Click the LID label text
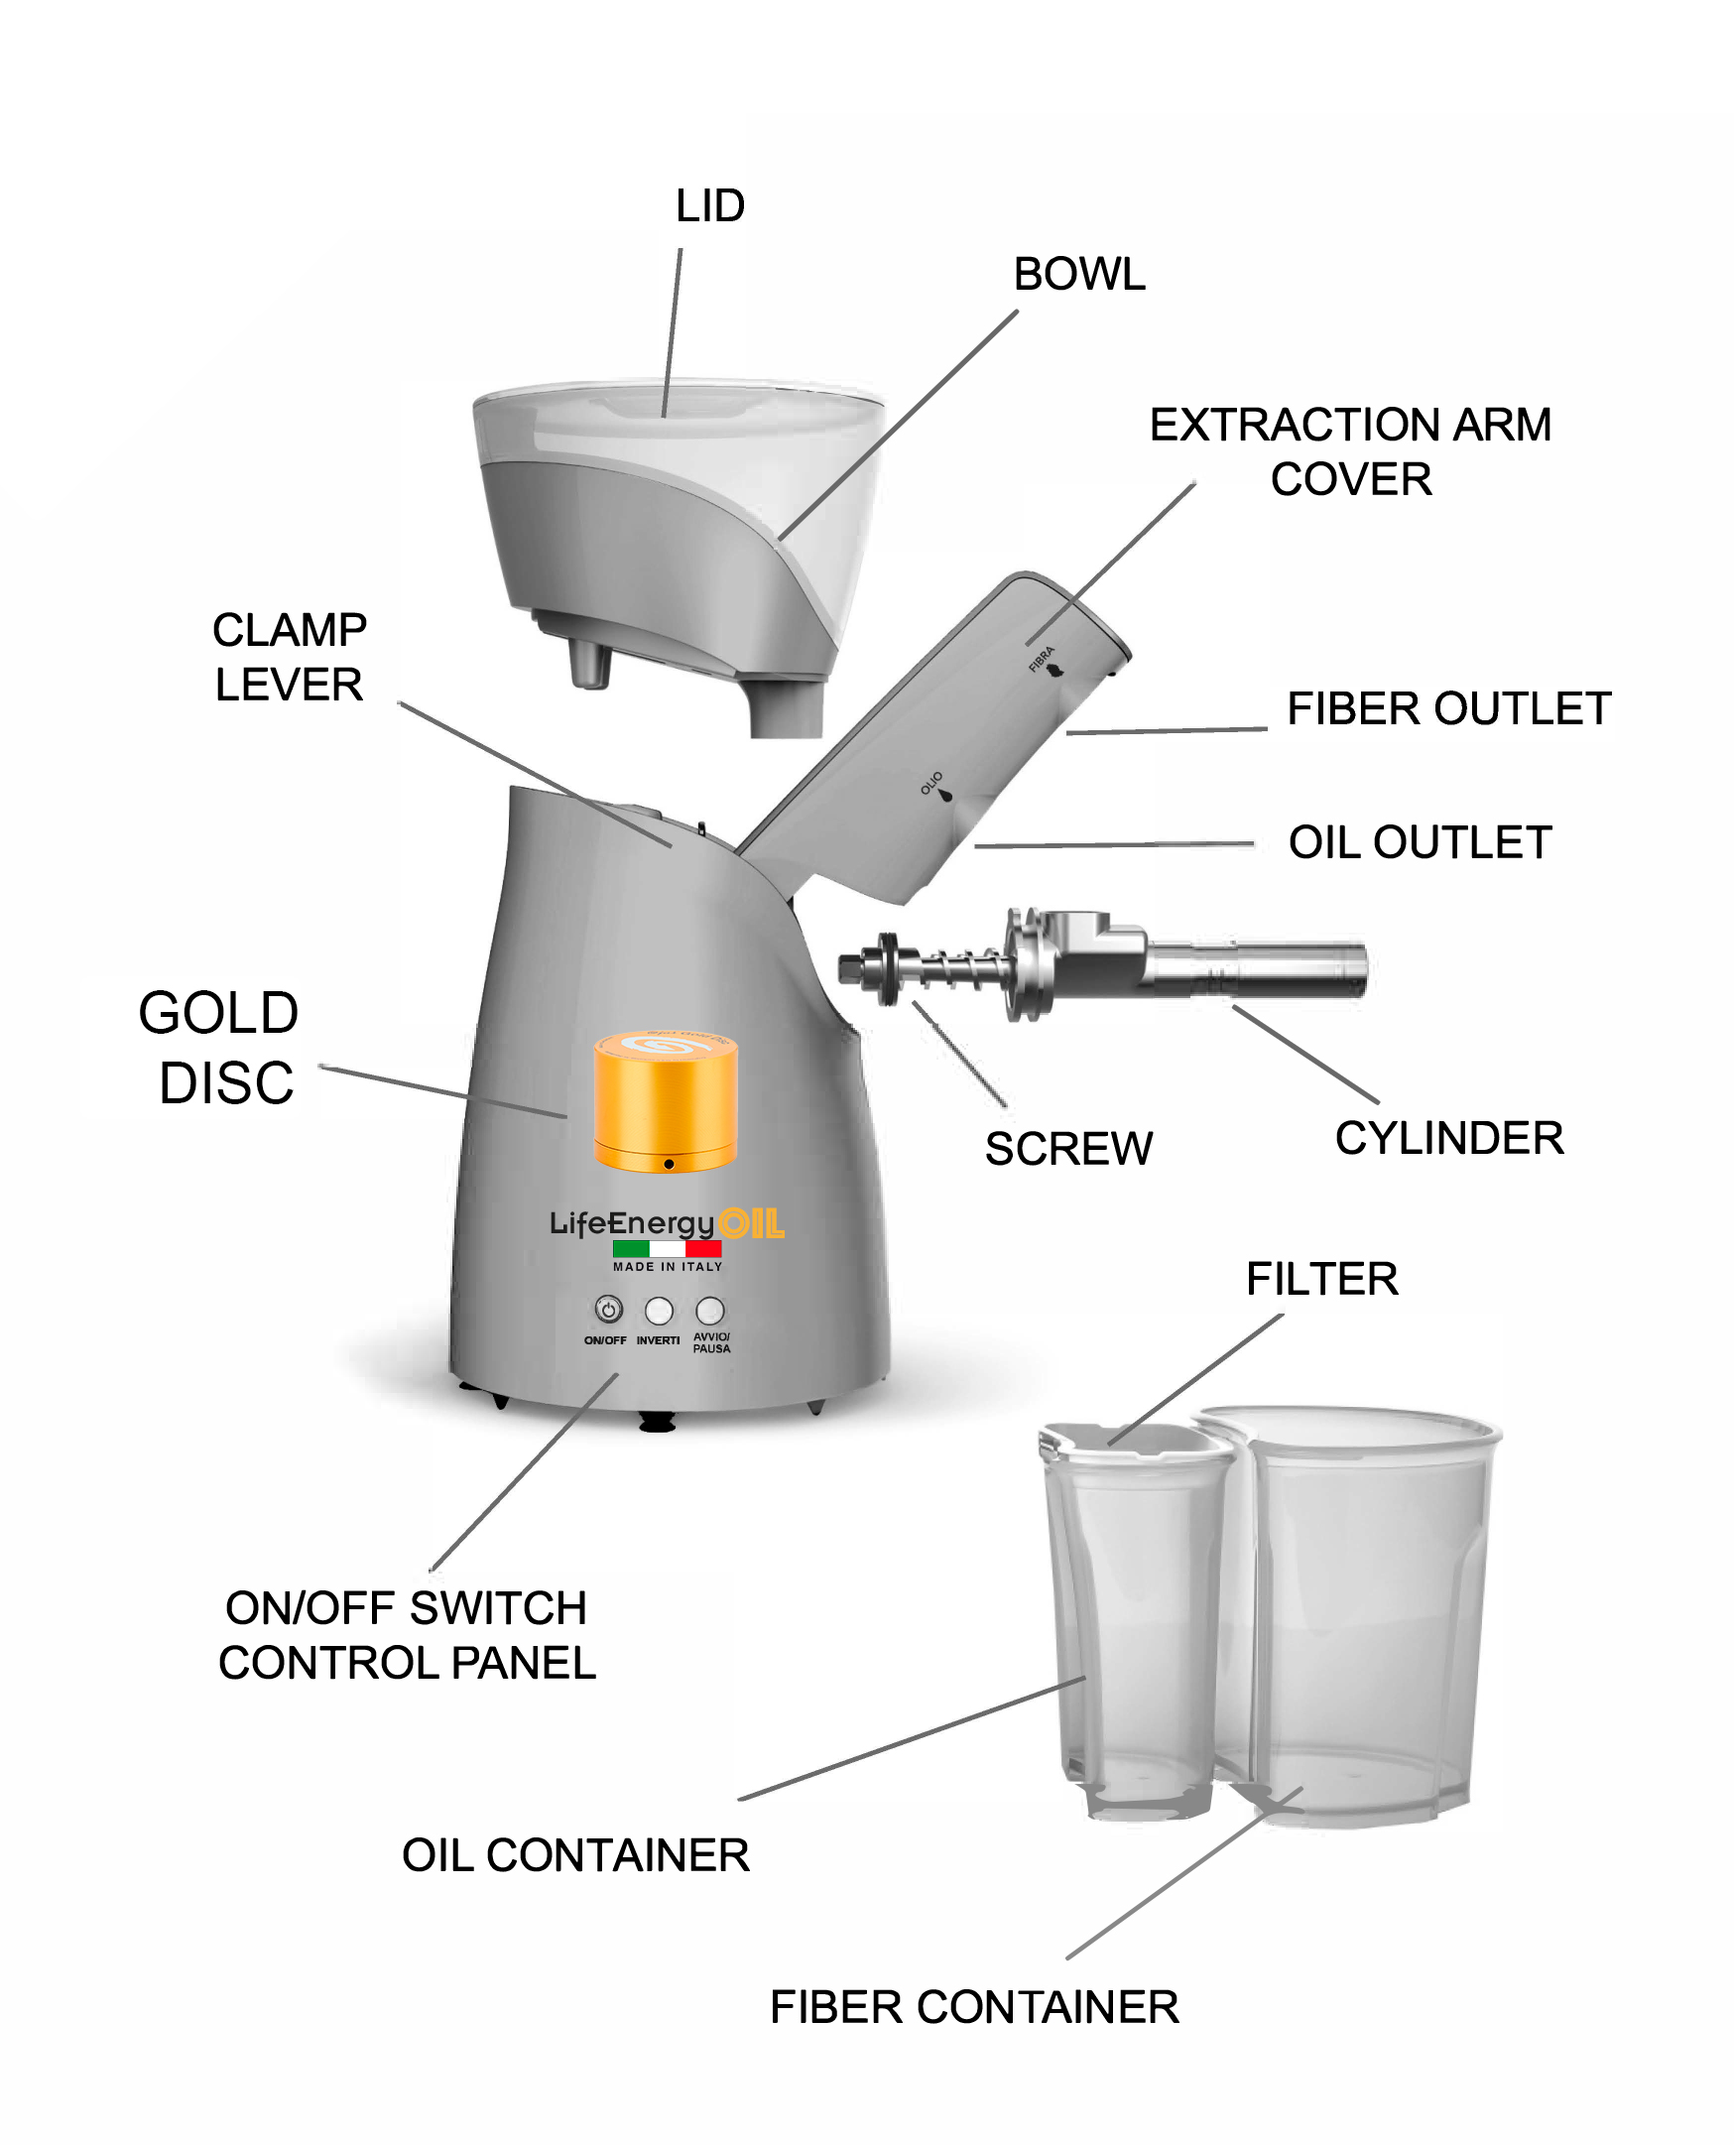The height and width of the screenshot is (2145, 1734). tap(710, 205)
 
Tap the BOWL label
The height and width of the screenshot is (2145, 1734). tap(1079, 274)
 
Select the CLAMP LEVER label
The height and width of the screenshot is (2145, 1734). tap(290, 658)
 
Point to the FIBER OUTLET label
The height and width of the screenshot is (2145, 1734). tap(1449, 708)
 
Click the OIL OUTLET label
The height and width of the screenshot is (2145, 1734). tap(1421, 842)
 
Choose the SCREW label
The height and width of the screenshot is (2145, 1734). tap(1068, 1149)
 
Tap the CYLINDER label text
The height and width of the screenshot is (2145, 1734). tap(1449, 1138)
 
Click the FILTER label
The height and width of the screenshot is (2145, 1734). tap(1321, 1279)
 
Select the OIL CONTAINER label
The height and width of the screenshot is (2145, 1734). tap(575, 1855)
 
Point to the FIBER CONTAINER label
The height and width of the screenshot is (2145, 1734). tap(974, 2007)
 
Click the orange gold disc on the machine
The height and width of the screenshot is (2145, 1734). tap(667, 1102)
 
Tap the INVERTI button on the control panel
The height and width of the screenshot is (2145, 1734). tap(659, 1310)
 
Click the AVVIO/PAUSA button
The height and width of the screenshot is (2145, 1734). tap(710, 1310)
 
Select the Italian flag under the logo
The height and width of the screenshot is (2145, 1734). tap(668, 1248)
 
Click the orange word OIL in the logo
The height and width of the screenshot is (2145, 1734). tap(752, 1223)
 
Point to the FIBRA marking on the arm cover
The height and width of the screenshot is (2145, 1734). tap(1042, 660)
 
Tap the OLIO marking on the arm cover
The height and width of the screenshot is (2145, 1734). tap(931, 783)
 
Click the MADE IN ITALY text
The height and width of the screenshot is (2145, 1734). tap(668, 1266)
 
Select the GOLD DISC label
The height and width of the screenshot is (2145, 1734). tap(219, 1047)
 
